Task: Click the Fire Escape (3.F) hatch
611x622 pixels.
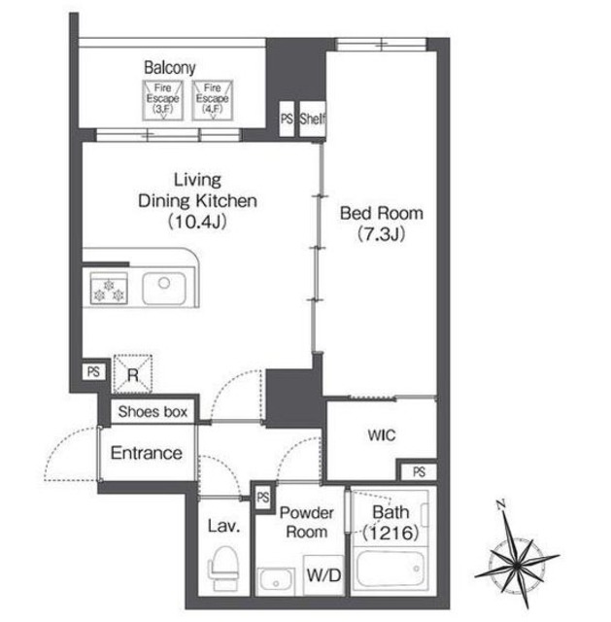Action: pyautogui.click(x=162, y=100)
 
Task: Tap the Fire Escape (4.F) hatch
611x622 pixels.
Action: pyautogui.click(x=212, y=100)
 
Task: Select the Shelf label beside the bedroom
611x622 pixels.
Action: pyautogui.click(x=313, y=119)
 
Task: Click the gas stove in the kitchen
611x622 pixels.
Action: pyautogui.click(x=109, y=289)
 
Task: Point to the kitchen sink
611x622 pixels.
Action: pyautogui.click(x=164, y=289)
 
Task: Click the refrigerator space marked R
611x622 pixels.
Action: pyautogui.click(x=133, y=373)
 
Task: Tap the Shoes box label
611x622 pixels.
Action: pyautogui.click(x=153, y=412)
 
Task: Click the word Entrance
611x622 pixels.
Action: pyautogui.click(x=147, y=453)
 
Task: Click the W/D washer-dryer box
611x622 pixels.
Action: pyautogui.click(x=323, y=574)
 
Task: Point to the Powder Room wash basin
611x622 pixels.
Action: pyautogui.click(x=276, y=581)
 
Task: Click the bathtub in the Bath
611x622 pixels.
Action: pyautogui.click(x=390, y=570)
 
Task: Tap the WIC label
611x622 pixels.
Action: pyautogui.click(x=382, y=435)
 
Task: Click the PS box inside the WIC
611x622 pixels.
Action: pyautogui.click(x=419, y=471)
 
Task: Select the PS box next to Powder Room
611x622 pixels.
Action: pyautogui.click(x=262, y=498)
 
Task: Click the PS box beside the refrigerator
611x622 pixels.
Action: pyautogui.click(x=93, y=371)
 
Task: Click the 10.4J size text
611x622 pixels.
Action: pyautogui.click(x=197, y=222)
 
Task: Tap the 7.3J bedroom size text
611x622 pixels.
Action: pyautogui.click(x=381, y=234)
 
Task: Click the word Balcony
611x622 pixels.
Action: pyautogui.click(x=170, y=67)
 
